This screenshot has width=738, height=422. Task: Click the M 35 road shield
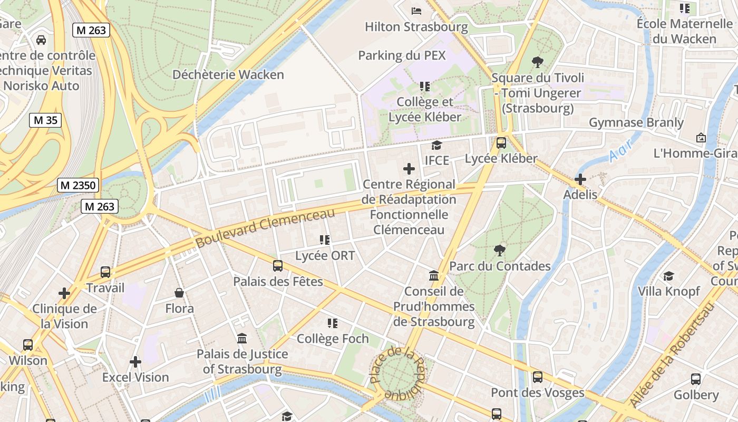click(x=45, y=120)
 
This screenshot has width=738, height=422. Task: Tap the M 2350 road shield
click(x=77, y=185)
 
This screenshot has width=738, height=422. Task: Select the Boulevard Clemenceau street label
click(x=265, y=228)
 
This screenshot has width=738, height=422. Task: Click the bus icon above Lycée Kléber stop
click(x=501, y=143)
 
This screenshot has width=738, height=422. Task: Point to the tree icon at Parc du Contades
click(x=499, y=250)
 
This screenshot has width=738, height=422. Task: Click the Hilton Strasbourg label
click(x=416, y=26)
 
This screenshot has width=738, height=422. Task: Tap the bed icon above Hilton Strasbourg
click(x=416, y=11)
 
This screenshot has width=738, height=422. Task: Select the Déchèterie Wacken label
click(x=228, y=74)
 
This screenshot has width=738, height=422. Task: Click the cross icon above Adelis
click(x=580, y=179)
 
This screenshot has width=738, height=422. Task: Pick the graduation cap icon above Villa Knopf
click(x=668, y=276)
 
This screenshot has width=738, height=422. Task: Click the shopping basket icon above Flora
click(x=179, y=293)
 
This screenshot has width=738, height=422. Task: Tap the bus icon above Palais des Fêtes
click(x=278, y=266)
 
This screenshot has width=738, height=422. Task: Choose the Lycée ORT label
click(x=325, y=256)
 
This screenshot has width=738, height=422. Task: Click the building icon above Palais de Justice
click(x=242, y=338)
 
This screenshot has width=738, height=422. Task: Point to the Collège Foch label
click(x=333, y=338)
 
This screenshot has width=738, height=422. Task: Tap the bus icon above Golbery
click(x=696, y=379)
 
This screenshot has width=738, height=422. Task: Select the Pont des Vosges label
click(x=537, y=392)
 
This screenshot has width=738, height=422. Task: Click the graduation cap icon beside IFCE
click(x=436, y=145)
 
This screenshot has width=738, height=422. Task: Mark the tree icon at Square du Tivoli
click(x=538, y=62)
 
